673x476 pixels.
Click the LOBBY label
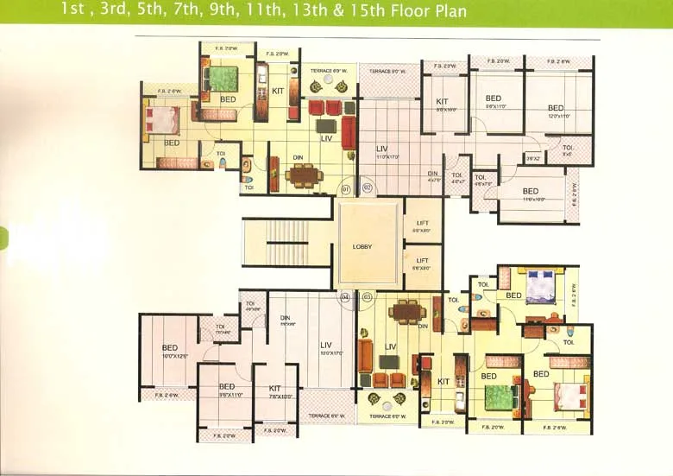(x=362, y=246)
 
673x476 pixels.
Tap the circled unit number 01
(x=346, y=187)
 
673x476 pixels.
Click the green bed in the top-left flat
(x=223, y=79)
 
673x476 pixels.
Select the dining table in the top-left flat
(x=303, y=175)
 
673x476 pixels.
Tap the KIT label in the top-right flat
(x=444, y=105)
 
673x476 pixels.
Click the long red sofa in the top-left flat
(x=349, y=132)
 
